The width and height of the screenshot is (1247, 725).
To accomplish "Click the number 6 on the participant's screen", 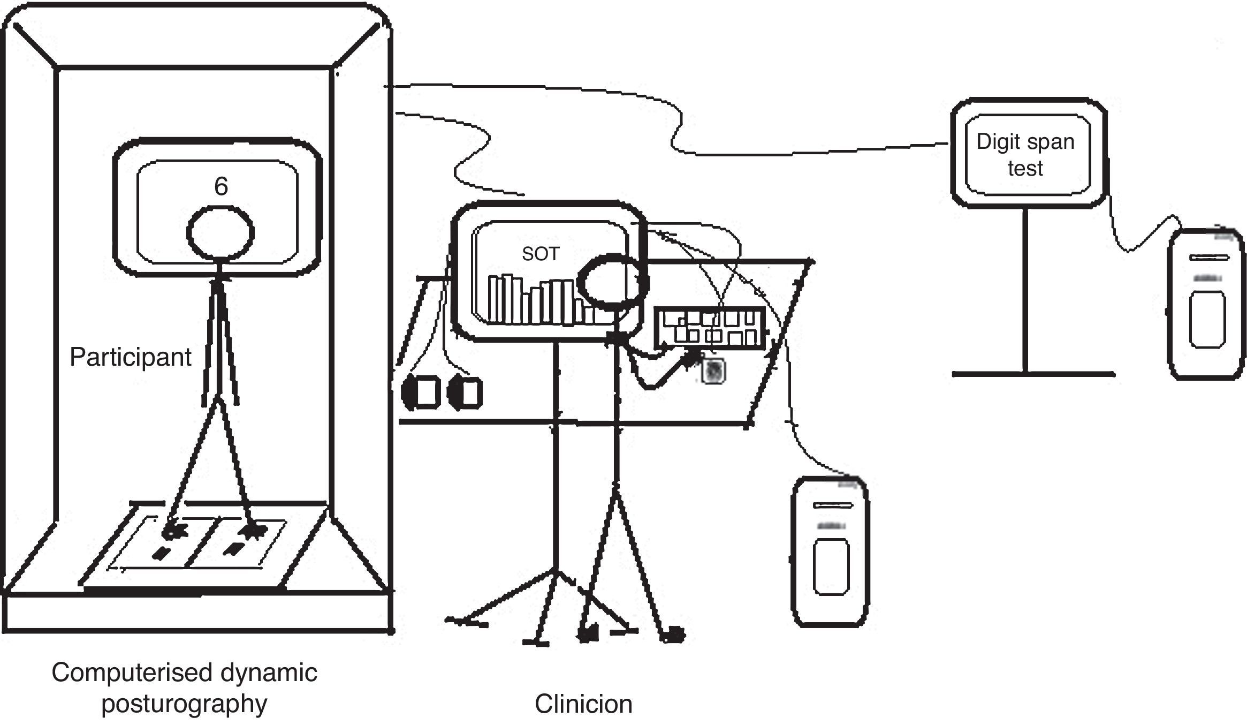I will click(x=221, y=186).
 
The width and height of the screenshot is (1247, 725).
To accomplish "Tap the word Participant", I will click(x=130, y=357).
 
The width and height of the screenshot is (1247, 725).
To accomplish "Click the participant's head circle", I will click(x=220, y=233).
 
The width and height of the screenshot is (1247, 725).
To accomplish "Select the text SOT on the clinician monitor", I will click(x=541, y=254).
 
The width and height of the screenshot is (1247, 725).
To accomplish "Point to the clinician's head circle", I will click(x=609, y=282).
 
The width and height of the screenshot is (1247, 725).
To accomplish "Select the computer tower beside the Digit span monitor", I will click(x=1206, y=304).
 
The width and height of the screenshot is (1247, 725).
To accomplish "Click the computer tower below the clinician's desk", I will click(x=830, y=552).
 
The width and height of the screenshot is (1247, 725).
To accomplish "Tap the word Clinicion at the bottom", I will click(x=583, y=704).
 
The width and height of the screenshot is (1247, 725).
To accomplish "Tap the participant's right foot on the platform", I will click(x=252, y=531).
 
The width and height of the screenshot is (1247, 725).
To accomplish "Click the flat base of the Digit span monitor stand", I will click(x=1033, y=374).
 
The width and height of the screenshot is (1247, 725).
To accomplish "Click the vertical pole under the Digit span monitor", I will click(x=1025, y=289).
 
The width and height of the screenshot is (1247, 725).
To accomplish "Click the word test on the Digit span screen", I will click(x=1025, y=169).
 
